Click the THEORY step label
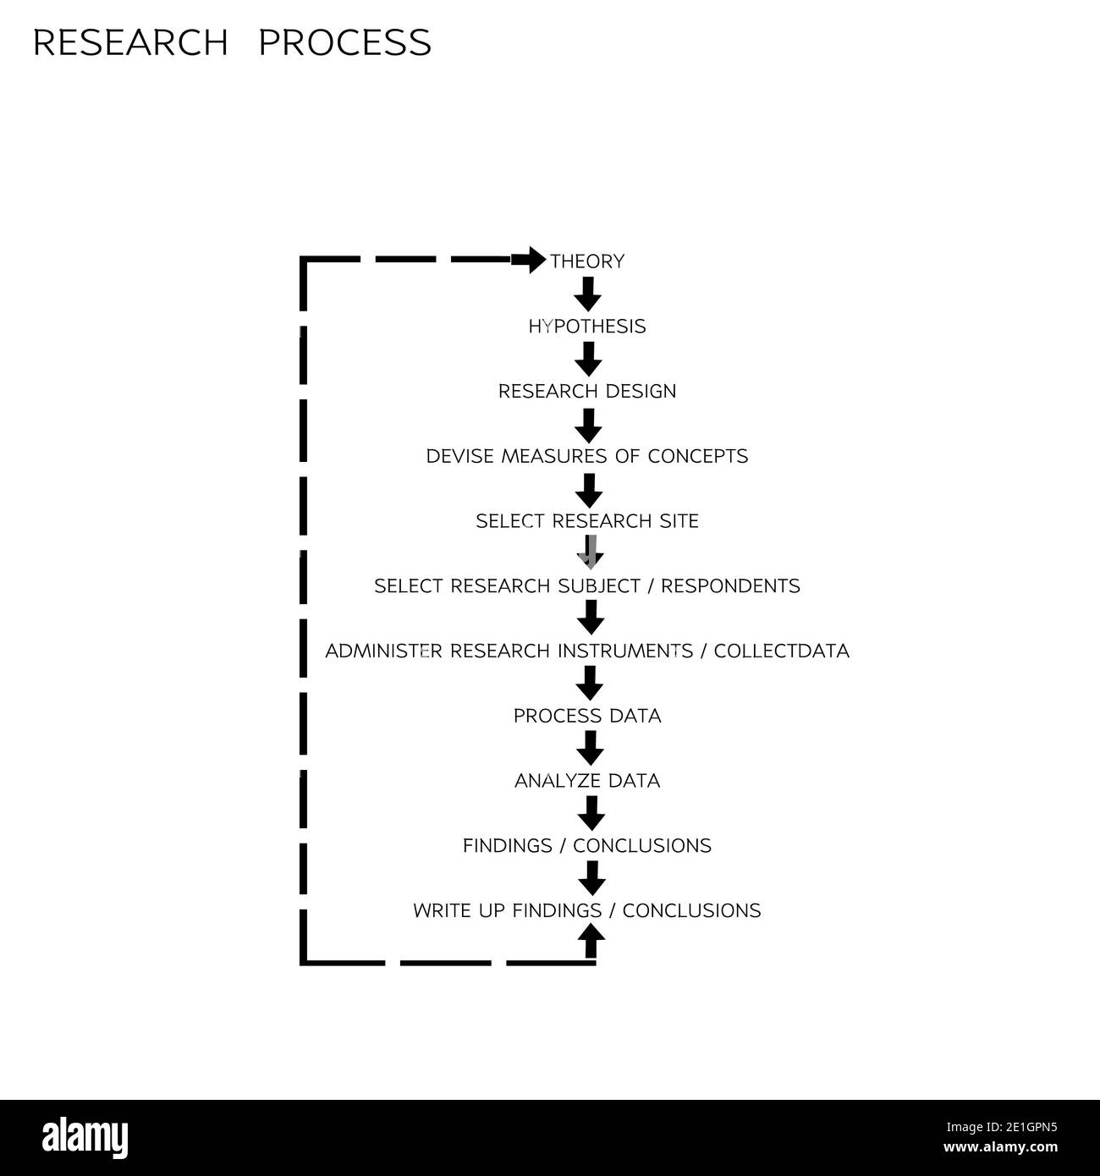(x=587, y=261)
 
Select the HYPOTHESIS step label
(x=587, y=327)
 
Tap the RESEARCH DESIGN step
(x=587, y=392)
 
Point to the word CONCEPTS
(x=698, y=457)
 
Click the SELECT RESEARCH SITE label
(x=587, y=521)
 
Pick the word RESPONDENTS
(x=730, y=586)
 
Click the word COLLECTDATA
(x=781, y=651)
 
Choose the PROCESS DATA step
(x=587, y=716)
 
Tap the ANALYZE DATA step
(x=587, y=781)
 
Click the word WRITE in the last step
(x=441, y=911)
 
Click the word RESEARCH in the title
(x=130, y=43)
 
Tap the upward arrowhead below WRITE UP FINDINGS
(x=591, y=936)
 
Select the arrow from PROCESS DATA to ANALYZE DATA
(x=590, y=748)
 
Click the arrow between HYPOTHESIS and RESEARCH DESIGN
(x=588, y=359)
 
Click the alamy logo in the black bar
(x=85, y=1138)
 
